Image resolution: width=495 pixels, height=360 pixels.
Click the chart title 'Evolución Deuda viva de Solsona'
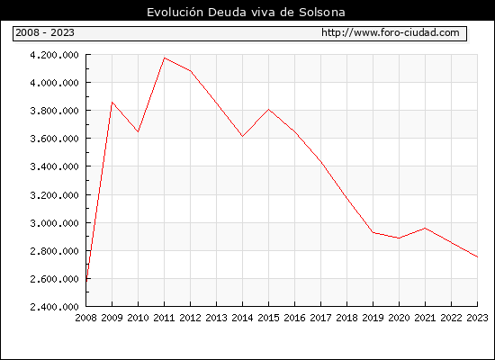(246, 13)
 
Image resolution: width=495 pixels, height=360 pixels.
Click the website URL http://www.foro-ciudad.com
(391, 32)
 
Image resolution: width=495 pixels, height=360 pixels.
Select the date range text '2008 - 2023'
(45, 32)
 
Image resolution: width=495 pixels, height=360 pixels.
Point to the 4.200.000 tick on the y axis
(54, 55)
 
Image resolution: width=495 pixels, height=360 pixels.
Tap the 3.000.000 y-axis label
(54, 223)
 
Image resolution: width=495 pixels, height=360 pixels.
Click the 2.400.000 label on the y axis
(54, 307)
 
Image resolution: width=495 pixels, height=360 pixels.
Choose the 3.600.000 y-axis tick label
(54, 139)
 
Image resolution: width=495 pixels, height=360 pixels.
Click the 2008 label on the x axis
(85, 318)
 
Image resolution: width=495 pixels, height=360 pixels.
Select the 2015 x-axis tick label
(269, 318)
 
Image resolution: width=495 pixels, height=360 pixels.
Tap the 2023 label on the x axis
(477, 318)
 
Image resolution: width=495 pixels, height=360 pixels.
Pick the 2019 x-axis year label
(373, 318)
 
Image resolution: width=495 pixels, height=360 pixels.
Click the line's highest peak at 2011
(165, 58)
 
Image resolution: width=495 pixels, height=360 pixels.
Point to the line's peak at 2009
(112, 103)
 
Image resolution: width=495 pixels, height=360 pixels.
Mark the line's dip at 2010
(139, 131)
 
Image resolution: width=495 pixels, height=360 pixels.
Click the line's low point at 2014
(242, 136)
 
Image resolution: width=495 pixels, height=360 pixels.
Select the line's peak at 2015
(269, 110)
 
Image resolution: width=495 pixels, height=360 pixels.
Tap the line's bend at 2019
(373, 232)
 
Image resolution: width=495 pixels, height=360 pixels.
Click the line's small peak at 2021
(425, 228)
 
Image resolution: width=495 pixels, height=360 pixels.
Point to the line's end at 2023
(477, 256)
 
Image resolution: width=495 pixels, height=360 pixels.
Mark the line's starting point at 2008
(86, 281)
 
